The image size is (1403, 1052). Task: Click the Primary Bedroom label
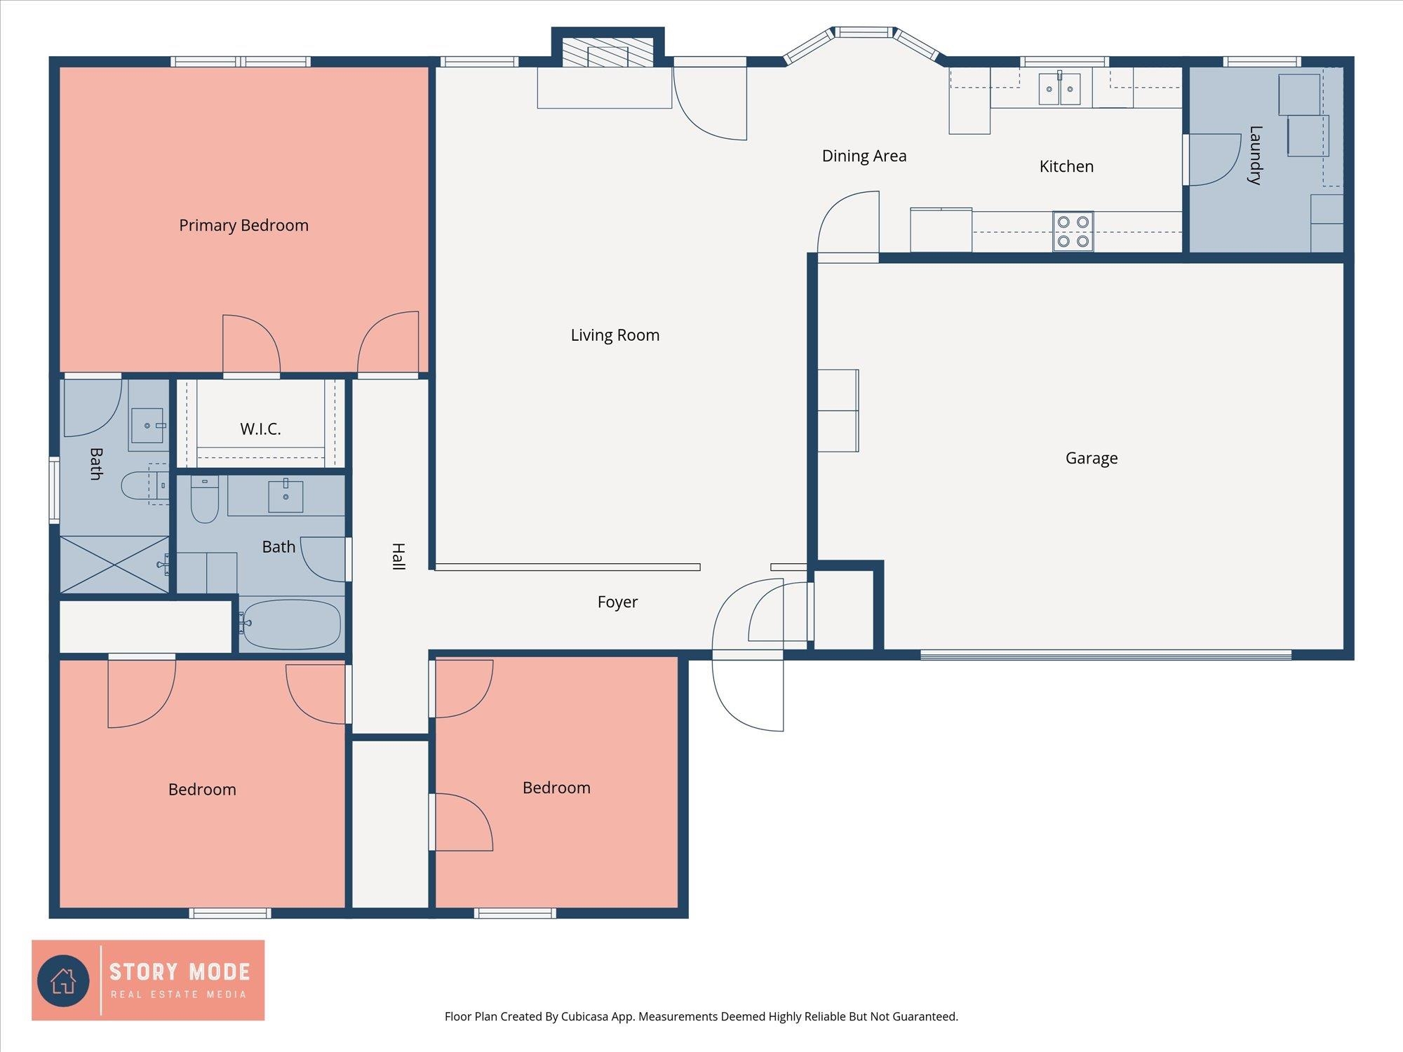tap(243, 226)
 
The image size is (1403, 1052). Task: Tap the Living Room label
tap(615, 335)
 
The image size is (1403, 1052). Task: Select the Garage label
tap(1092, 459)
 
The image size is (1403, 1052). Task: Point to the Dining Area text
tap(864, 156)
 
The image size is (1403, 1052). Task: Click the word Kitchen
tap(1066, 166)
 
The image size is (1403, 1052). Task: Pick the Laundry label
tap(1255, 155)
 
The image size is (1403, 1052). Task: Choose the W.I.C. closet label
tap(260, 429)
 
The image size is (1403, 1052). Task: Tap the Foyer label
tap(617, 602)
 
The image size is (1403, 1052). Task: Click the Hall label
tap(398, 556)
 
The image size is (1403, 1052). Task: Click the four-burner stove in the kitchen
tap(1073, 231)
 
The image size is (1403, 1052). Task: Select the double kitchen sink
tap(1059, 88)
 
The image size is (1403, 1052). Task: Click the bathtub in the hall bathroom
tap(291, 623)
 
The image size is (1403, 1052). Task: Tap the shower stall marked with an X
tap(114, 565)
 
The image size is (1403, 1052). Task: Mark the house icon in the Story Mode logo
tap(63, 980)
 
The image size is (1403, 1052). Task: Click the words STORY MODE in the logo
tap(180, 972)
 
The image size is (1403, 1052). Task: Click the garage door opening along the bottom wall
tap(1106, 656)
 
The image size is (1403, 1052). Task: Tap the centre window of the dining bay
tap(864, 32)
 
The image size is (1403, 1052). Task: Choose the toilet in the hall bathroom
tap(205, 499)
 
